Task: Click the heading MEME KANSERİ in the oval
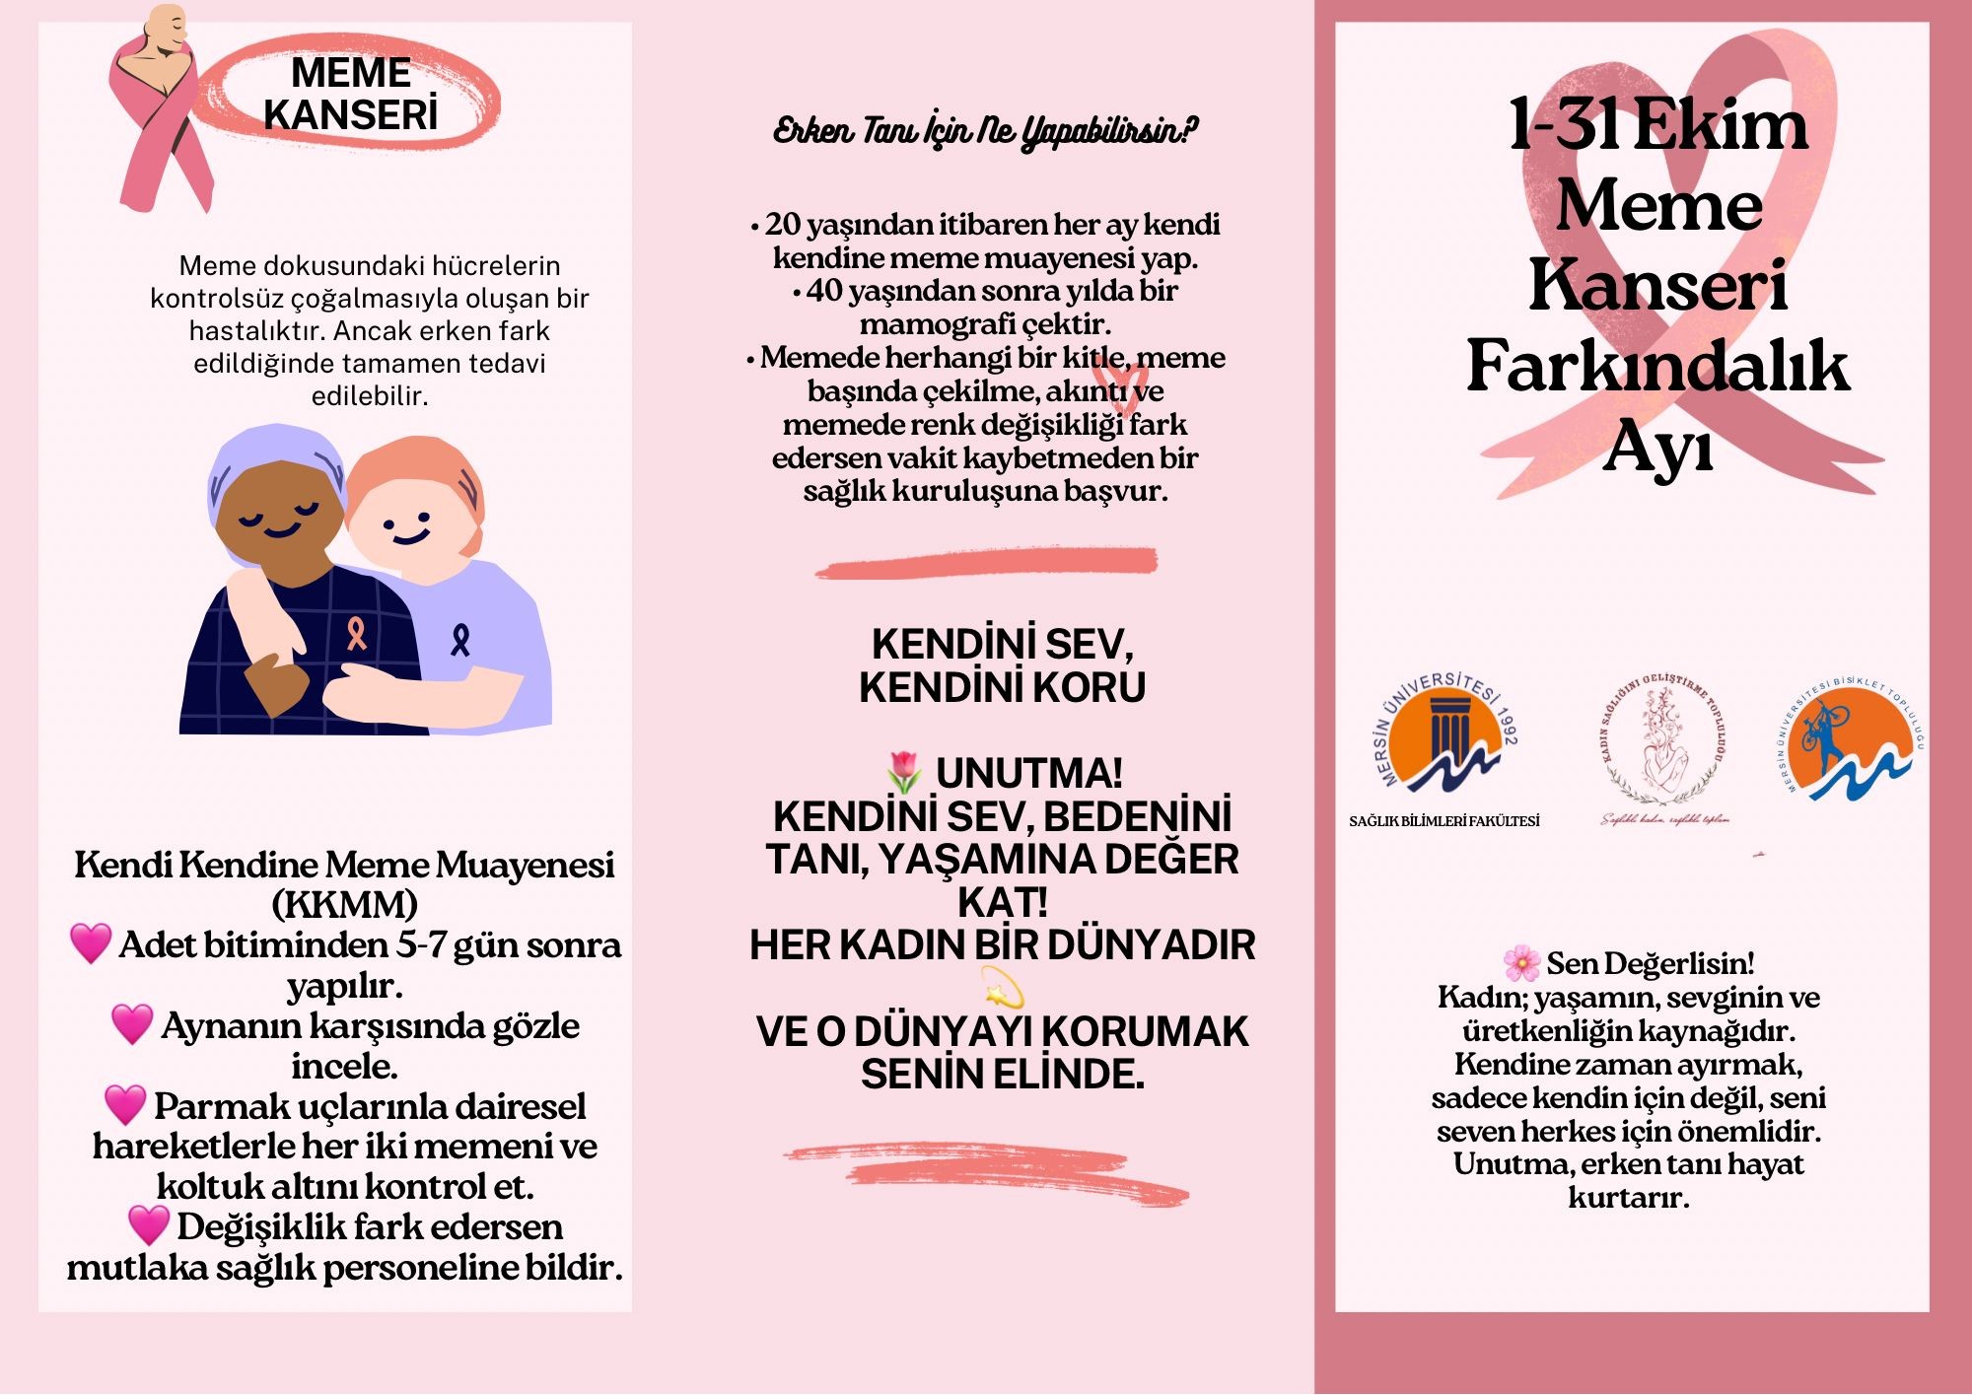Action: point(351,94)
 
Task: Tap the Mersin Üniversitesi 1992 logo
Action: point(1445,734)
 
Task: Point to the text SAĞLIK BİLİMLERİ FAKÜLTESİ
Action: point(1444,821)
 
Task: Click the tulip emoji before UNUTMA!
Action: point(904,772)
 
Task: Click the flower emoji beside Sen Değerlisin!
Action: point(1521,962)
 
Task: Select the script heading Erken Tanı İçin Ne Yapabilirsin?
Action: point(985,130)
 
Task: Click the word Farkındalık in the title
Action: point(1657,366)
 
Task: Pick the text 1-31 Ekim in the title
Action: point(1658,125)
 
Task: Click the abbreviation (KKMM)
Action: point(344,904)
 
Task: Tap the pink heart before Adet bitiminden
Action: point(91,943)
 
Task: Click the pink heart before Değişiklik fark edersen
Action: point(149,1225)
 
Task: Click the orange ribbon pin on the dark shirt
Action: point(356,632)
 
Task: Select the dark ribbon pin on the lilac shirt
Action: point(459,639)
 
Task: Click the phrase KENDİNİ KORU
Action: point(1002,686)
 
